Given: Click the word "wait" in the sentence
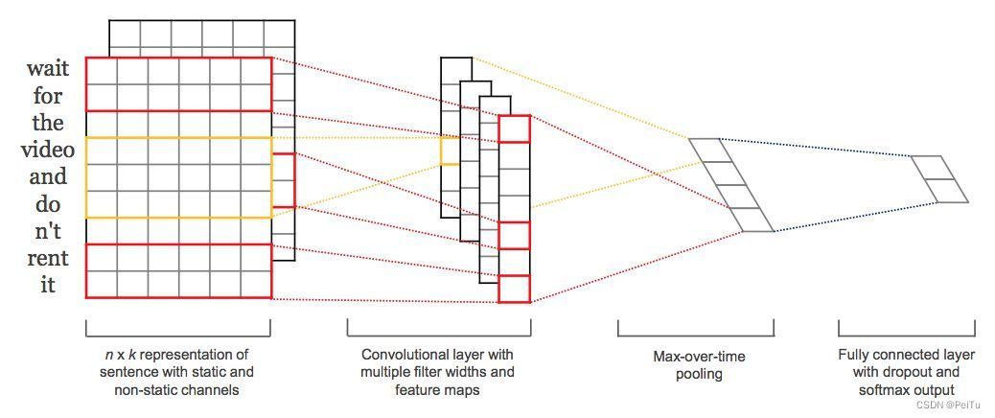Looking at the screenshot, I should (47, 70).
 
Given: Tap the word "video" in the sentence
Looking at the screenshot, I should (47, 151).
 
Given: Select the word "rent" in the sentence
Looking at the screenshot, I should (47, 259).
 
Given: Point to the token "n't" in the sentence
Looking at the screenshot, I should (47, 232).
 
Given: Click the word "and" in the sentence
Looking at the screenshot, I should (47, 177).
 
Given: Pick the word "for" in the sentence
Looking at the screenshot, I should (47, 97).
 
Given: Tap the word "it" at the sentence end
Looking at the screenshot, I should (47, 285).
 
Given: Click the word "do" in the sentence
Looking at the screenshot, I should (47, 204).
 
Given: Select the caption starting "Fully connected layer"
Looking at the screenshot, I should (906, 372).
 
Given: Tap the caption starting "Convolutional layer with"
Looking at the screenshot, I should (438, 372).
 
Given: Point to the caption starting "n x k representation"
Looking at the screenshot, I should (177, 372).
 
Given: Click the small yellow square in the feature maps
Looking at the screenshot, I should (450, 151).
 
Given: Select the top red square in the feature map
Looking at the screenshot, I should (514, 129).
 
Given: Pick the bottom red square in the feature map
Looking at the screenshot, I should (514, 289).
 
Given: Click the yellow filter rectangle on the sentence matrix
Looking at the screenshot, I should (178, 177).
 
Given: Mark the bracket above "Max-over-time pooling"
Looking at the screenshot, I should (696, 331).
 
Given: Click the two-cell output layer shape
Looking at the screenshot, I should (939, 179).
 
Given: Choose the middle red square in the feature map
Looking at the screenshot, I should (514, 235).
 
